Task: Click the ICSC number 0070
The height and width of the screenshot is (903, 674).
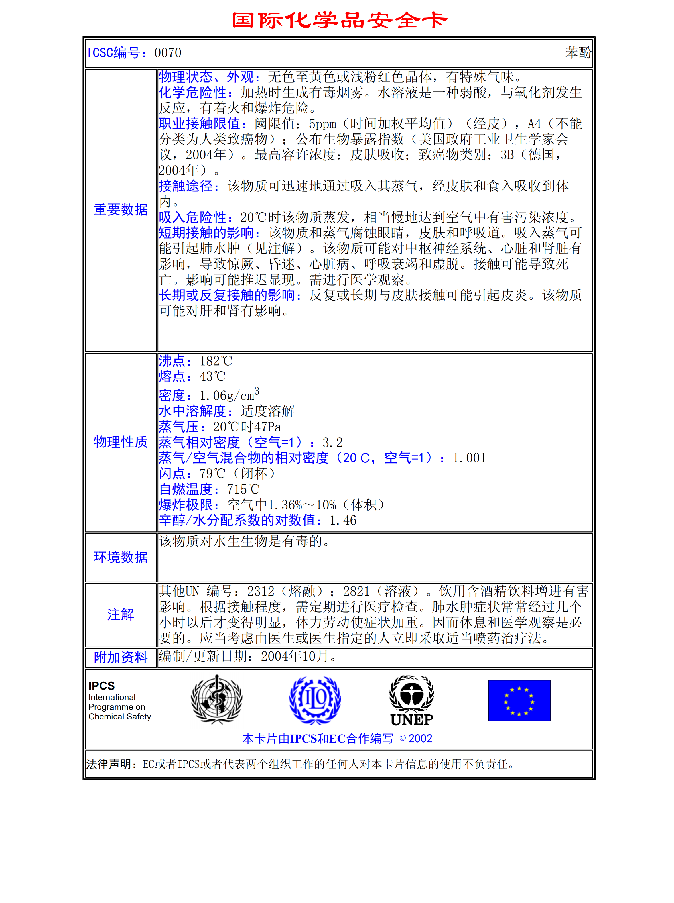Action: click(x=168, y=53)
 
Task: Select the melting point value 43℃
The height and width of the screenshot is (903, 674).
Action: click(x=212, y=377)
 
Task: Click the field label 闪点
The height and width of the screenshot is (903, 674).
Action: click(x=172, y=474)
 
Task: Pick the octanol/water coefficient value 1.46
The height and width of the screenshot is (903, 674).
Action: click(x=343, y=521)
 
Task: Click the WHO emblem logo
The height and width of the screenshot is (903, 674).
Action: click(x=217, y=700)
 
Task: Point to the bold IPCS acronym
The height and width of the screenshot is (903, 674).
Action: click(x=101, y=686)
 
